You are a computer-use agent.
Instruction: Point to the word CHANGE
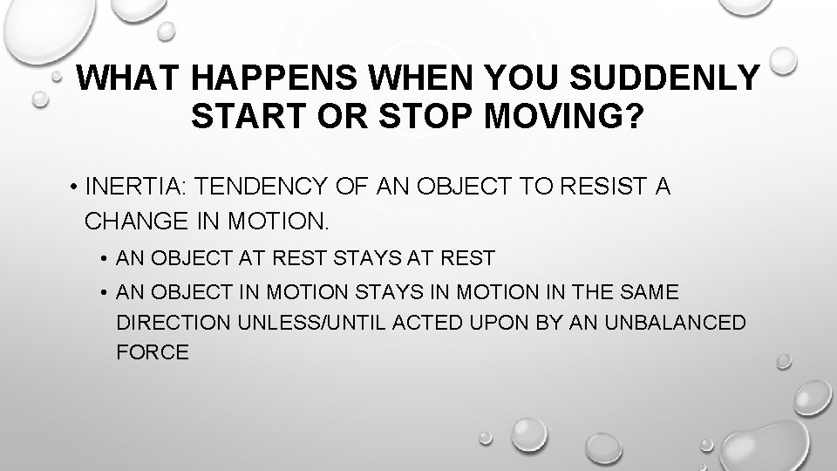click(130, 221)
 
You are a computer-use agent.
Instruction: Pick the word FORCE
click(153, 352)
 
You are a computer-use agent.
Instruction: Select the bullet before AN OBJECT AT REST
click(103, 259)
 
